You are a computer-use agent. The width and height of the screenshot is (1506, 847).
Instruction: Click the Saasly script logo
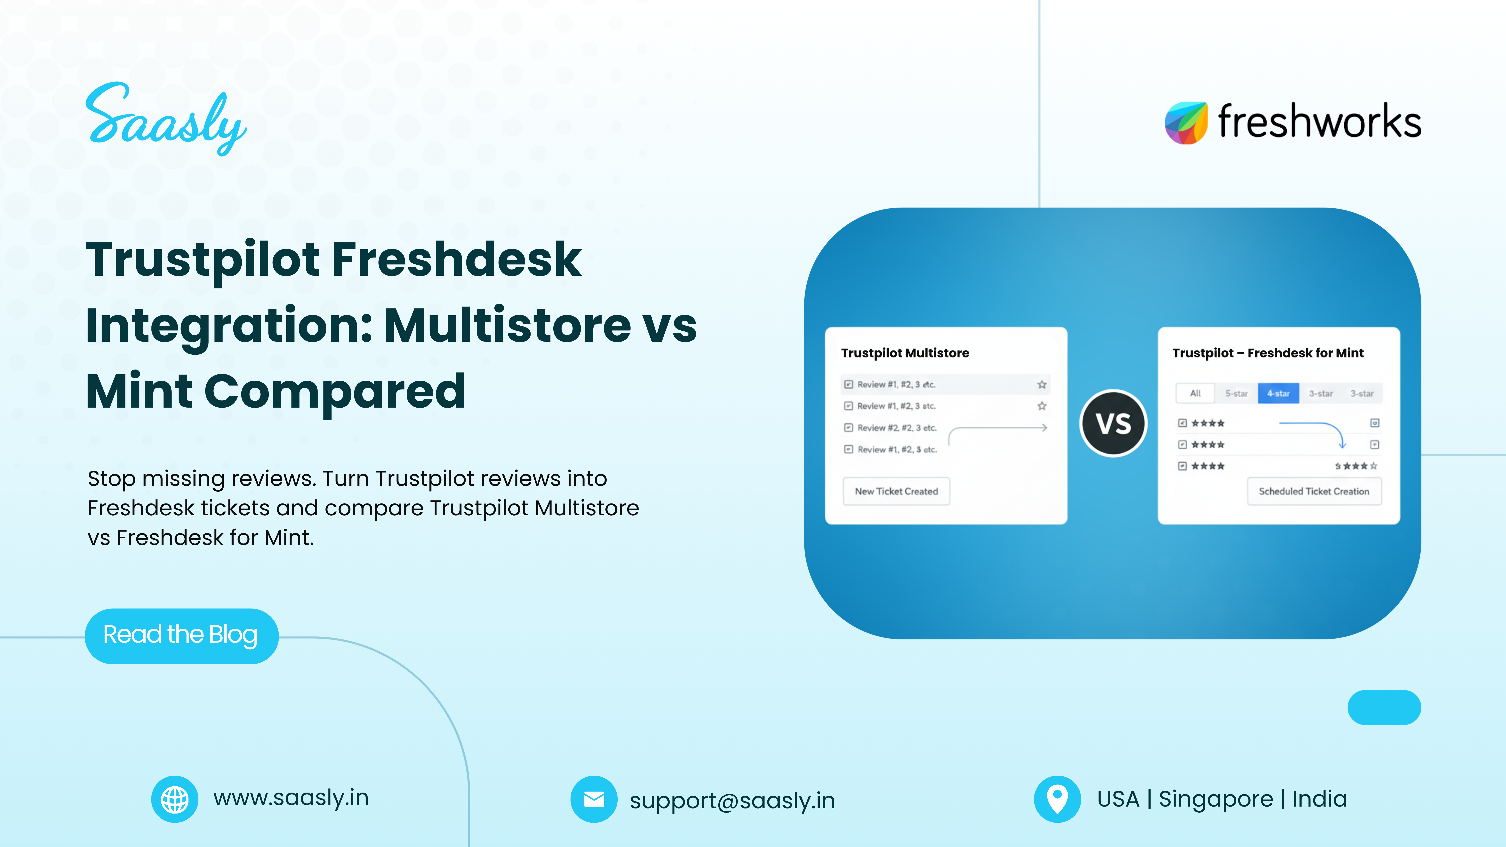click(x=166, y=120)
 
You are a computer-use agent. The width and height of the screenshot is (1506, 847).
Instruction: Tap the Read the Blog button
click(x=181, y=635)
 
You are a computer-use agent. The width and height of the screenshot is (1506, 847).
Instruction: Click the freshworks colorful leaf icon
click(x=1186, y=123)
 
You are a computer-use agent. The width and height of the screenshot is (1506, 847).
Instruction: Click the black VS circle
click(x=1113, y=423)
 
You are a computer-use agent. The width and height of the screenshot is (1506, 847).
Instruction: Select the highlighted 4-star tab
click(x=1278, y=393)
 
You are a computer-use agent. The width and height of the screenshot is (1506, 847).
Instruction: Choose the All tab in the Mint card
click(x=1195, y=393)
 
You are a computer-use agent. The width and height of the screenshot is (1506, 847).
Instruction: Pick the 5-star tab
click(x=1236, y=393)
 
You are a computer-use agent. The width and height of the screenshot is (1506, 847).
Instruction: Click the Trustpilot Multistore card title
click(x=904, y=353)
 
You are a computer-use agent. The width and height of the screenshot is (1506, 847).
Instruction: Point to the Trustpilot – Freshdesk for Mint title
click(x=1267, y=353)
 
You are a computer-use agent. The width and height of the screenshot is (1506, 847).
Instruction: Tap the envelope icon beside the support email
click(x=593, y=799)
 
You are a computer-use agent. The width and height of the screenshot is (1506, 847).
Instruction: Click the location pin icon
click(x=1057, y=799)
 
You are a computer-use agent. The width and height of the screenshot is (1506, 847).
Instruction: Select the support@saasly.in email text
click(x=732, y=800)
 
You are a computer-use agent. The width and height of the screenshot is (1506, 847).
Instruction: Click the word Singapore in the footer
click(x=1215, y=799)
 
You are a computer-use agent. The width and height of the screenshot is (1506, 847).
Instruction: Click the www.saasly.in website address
click(x=291, y=798)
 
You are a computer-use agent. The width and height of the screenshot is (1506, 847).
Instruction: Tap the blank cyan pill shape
click(x=1384, y=707)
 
